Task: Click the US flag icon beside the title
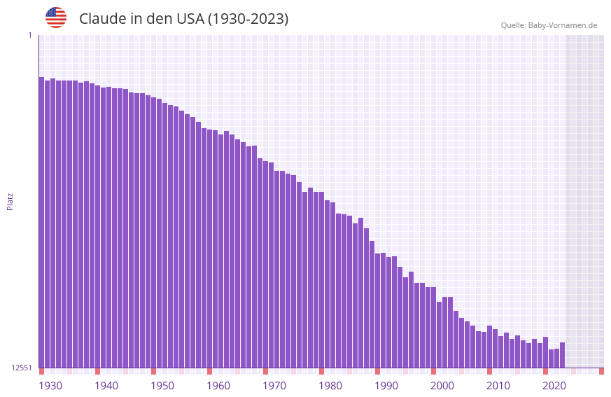[56, 18]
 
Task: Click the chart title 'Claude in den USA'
[183, 19]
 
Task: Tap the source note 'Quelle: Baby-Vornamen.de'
[549, 25]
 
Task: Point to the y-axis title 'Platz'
[10, 201]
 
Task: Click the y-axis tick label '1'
[29, 35]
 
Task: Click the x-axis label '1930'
[50, 386]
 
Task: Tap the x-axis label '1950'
[162, 386]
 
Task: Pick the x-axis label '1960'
[218, 386]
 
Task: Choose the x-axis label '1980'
[330, 386]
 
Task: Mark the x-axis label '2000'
[442, 386]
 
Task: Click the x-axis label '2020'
[554, 386]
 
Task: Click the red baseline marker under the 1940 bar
[97, 371]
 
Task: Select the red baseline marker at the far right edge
[601, 371]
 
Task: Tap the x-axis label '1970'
[274, 386]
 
